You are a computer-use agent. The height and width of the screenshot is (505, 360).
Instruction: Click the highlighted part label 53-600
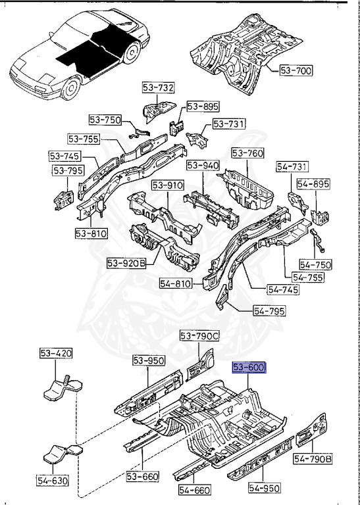(x=249, y=368)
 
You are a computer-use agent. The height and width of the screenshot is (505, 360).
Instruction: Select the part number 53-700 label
(x=296, y=70)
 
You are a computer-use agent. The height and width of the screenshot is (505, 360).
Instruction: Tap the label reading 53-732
(x=158, y=88)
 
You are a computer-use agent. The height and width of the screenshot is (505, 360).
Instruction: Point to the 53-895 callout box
(x=203, y=106)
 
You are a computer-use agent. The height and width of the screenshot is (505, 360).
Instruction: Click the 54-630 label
(x=53, y=481)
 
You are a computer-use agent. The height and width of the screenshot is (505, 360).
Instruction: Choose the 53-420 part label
(x=56, y=353)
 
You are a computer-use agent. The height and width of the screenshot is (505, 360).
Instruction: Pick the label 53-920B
(x=126, y=264)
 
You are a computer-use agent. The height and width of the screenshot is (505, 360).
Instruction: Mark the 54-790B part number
(x=313, y=459)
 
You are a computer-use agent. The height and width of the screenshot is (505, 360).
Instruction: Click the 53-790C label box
(x=199, y=336)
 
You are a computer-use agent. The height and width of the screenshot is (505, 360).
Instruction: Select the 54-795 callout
(x=269, y=311)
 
